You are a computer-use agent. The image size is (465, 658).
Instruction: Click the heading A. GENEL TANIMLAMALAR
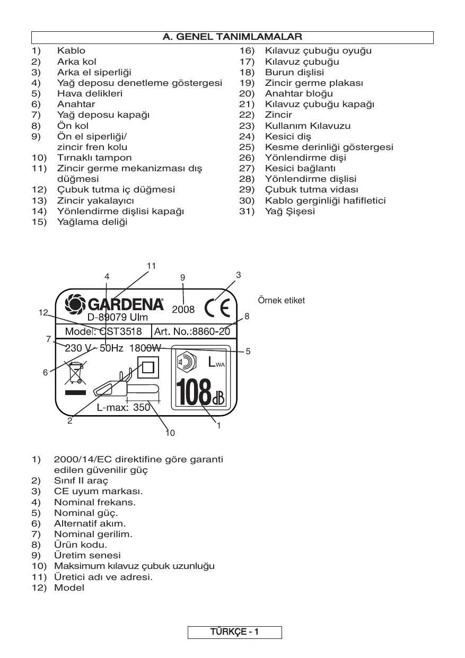pos(232,37)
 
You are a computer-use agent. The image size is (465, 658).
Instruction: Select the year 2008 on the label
pos(183,309)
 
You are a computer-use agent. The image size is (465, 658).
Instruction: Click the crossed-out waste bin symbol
pos(74,372)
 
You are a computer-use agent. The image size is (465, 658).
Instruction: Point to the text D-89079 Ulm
pos(118,318)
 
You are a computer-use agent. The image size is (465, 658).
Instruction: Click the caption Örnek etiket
pos(281,301)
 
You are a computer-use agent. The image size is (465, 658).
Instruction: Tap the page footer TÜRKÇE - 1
pos(234,632)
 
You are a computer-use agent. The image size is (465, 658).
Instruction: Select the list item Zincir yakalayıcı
pos(95,200)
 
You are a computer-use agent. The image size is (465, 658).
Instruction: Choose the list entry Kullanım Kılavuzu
pos(308,126)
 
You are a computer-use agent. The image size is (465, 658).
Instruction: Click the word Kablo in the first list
pos(71,51)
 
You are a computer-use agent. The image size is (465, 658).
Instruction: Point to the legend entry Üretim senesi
pos(87,555)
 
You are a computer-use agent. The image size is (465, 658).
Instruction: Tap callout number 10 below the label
pos(170,433)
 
